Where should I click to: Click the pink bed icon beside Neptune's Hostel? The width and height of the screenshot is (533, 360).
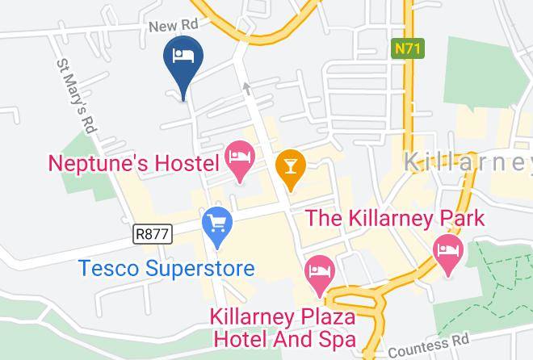coord(240,153)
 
